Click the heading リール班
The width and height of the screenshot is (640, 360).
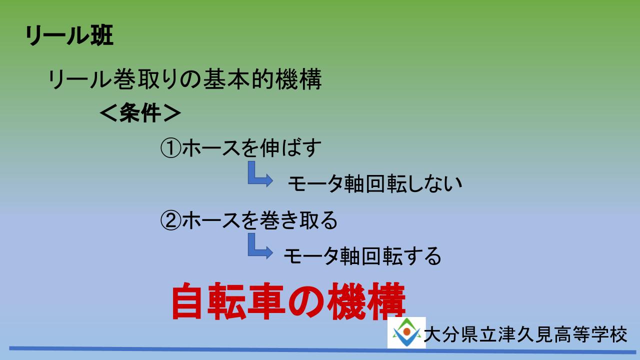coord(69,35)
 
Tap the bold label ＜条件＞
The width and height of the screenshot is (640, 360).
coord(140,112)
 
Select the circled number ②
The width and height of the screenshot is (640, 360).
coord(170,220)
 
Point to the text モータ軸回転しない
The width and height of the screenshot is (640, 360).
coord(375,183)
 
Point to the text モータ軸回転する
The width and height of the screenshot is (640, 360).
coord(362,255)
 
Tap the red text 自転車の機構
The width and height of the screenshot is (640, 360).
coord(288,301)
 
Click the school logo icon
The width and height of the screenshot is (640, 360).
coord(406,332)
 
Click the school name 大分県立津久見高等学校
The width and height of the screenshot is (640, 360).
coord(525,334)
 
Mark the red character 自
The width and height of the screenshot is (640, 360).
coord(189,301)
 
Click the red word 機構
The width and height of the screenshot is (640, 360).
coord(366,301)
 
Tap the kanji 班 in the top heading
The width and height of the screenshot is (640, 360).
coord(102,35)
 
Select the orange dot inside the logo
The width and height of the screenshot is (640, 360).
coord(407,331)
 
